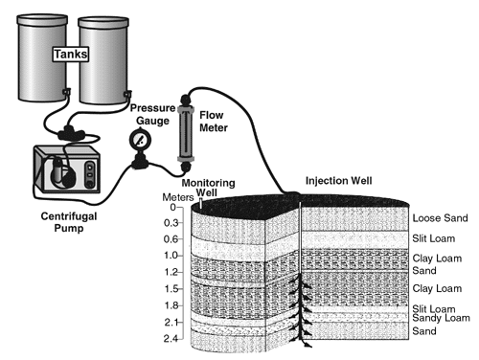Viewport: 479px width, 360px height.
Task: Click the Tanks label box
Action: click(x=71, y=54)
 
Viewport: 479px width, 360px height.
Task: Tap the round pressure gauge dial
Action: click(x=140, y=140)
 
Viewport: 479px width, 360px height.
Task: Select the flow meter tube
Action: click(x=186, y=133)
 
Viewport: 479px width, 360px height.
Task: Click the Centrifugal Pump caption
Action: click(x=69, y=222)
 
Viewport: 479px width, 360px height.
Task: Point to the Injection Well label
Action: click(x=339, y=181)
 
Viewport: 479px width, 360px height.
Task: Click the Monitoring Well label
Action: click(x=208, y=188)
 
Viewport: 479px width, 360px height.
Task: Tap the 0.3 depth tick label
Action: click(x=171, y=223)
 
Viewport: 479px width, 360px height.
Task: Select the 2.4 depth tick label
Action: click(x=171, y=338)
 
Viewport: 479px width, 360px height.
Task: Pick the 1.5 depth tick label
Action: click(x=171, y=288)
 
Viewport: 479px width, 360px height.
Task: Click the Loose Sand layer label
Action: click(x=440, y=218)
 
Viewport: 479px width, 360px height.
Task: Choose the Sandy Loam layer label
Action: click(x=441, y=318)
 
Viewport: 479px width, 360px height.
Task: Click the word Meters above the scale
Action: click(x=178, y=197)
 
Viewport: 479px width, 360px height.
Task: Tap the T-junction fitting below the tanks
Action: click(x=71, y=133)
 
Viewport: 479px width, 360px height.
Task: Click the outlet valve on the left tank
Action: click(x=66, y=92)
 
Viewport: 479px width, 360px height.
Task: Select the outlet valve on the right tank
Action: click(x=127, y=94)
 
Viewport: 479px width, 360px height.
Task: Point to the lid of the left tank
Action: click(x=42, y=19)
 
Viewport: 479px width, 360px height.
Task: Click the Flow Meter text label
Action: click(x=214, y=122)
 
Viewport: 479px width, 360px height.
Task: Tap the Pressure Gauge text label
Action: click(x=152, y=114)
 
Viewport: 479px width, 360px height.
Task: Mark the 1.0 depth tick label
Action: click(x=171, y=256)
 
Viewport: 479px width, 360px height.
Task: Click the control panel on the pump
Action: click(x=90, y=175)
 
